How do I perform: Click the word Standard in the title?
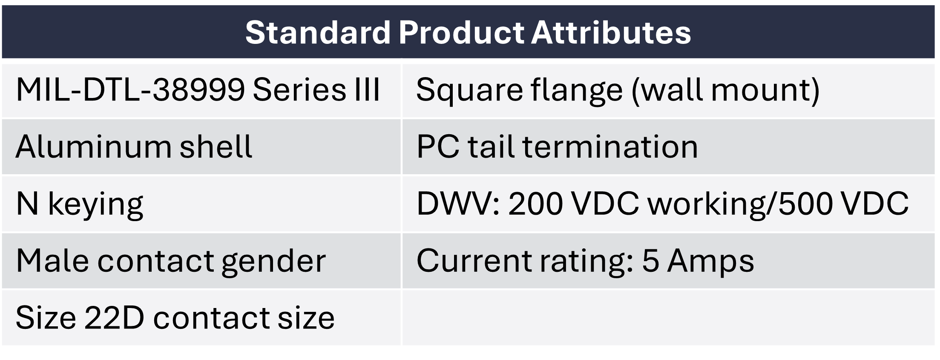coord(318,32)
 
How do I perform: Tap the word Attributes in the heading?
coord(611,32)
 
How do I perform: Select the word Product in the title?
coord(461,32)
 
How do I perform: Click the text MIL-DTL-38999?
coord(130,90)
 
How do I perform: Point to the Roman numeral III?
coord(367,90)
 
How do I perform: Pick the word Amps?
coord(710,261)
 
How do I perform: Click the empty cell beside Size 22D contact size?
coord(668,318)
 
